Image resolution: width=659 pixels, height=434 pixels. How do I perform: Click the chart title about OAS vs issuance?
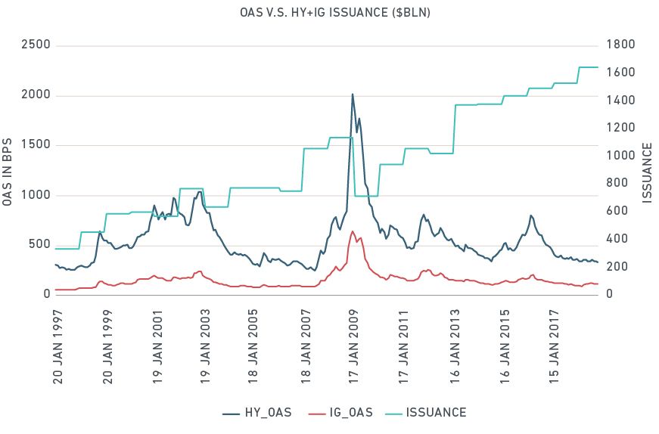tap(329, 14)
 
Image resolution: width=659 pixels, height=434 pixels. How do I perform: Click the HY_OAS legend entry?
tap(257, 413)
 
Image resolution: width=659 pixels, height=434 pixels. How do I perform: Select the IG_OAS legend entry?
tap(344, 413)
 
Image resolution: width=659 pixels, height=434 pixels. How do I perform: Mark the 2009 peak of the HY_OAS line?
tap(353, 95)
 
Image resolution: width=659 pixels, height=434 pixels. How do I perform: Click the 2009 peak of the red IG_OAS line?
tap(353, 231)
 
